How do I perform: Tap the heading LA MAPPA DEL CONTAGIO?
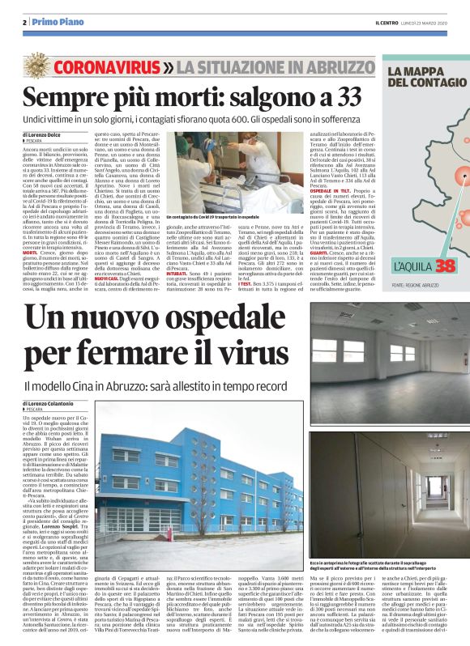422,79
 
